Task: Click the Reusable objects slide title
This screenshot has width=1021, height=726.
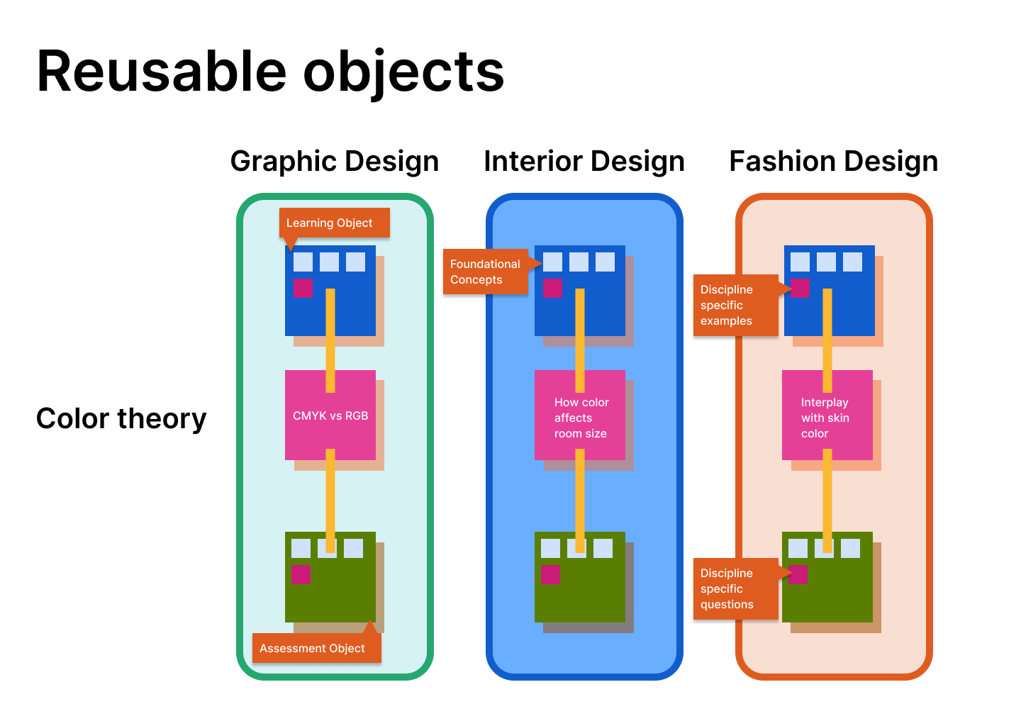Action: click(x=270, y=72)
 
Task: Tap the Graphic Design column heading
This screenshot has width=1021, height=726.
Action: click(x=335, y=162)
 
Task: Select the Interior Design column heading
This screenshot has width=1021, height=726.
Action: click(x=584, y=162)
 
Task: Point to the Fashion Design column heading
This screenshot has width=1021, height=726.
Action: click(x=834, y=162)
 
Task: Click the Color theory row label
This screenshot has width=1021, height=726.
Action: click(x=121, y=419)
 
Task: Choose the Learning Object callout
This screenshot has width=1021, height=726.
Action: click(x=334, y=223)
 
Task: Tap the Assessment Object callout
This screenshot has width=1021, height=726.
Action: click(x=316, y=648)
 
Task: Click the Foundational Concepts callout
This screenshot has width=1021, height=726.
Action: click(x=486, y=272)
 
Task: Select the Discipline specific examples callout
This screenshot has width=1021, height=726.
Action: click(x=735, y=305)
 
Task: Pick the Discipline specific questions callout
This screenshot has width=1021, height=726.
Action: click(x=735, y=588)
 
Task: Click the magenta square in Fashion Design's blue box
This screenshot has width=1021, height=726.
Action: click(x=800, y=288)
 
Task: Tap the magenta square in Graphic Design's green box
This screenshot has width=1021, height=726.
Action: click(x=301, y=574)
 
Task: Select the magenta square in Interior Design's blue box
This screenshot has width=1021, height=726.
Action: click(x=552, y=288)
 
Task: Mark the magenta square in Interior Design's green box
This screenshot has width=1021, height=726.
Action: click(x=550, y=574)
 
